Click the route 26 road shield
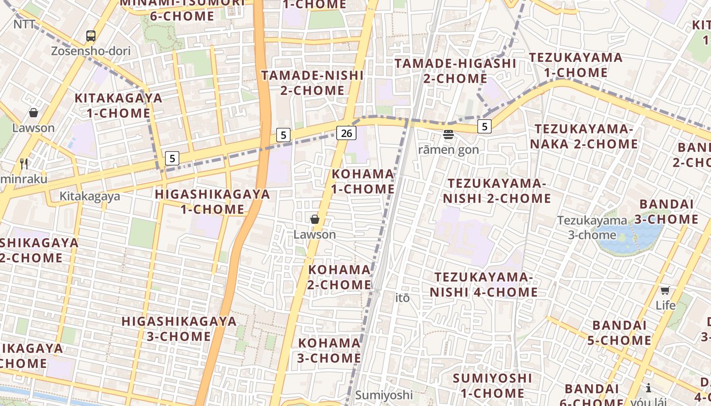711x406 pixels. click(x=346, y=133)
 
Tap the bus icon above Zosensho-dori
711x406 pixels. click(x=91, y=36)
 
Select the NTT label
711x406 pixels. click(x=24, y=24)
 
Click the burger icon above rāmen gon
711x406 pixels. click(x=448, y=134)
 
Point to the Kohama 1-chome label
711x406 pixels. click(x=363, y=181)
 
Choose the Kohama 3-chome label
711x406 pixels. click(x=329, y=350)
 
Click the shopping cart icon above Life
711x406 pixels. click(x=665, y=290)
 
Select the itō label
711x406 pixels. click(x=402, y=298)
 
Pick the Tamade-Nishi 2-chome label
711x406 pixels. click(x=312, y=83)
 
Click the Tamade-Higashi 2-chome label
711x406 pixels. click(x=456, y=71)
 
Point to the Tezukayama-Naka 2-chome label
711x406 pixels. click(x=584, y=137)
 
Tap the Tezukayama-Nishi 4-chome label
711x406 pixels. click(x=483, y=284)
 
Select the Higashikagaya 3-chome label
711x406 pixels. click(x=179, y=328)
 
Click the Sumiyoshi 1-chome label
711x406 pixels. click(x=492, y=385)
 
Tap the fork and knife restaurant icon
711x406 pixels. click(x=23, y=163)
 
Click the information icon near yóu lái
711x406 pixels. click(x=649, y=388)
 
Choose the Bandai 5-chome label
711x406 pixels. click(x=619, y=332)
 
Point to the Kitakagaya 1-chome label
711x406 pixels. click(x=118, y=105)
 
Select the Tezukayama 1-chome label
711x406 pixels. click(x=576, y=64)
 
